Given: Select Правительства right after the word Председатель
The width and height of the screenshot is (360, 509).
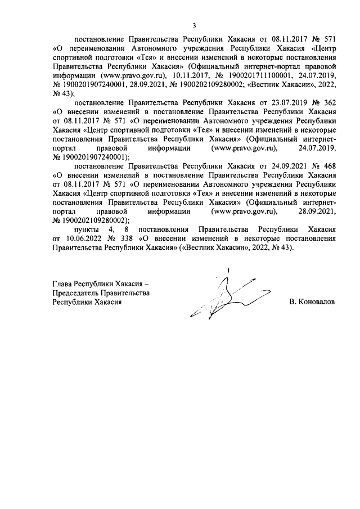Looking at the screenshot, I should click(x=125, y=292).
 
